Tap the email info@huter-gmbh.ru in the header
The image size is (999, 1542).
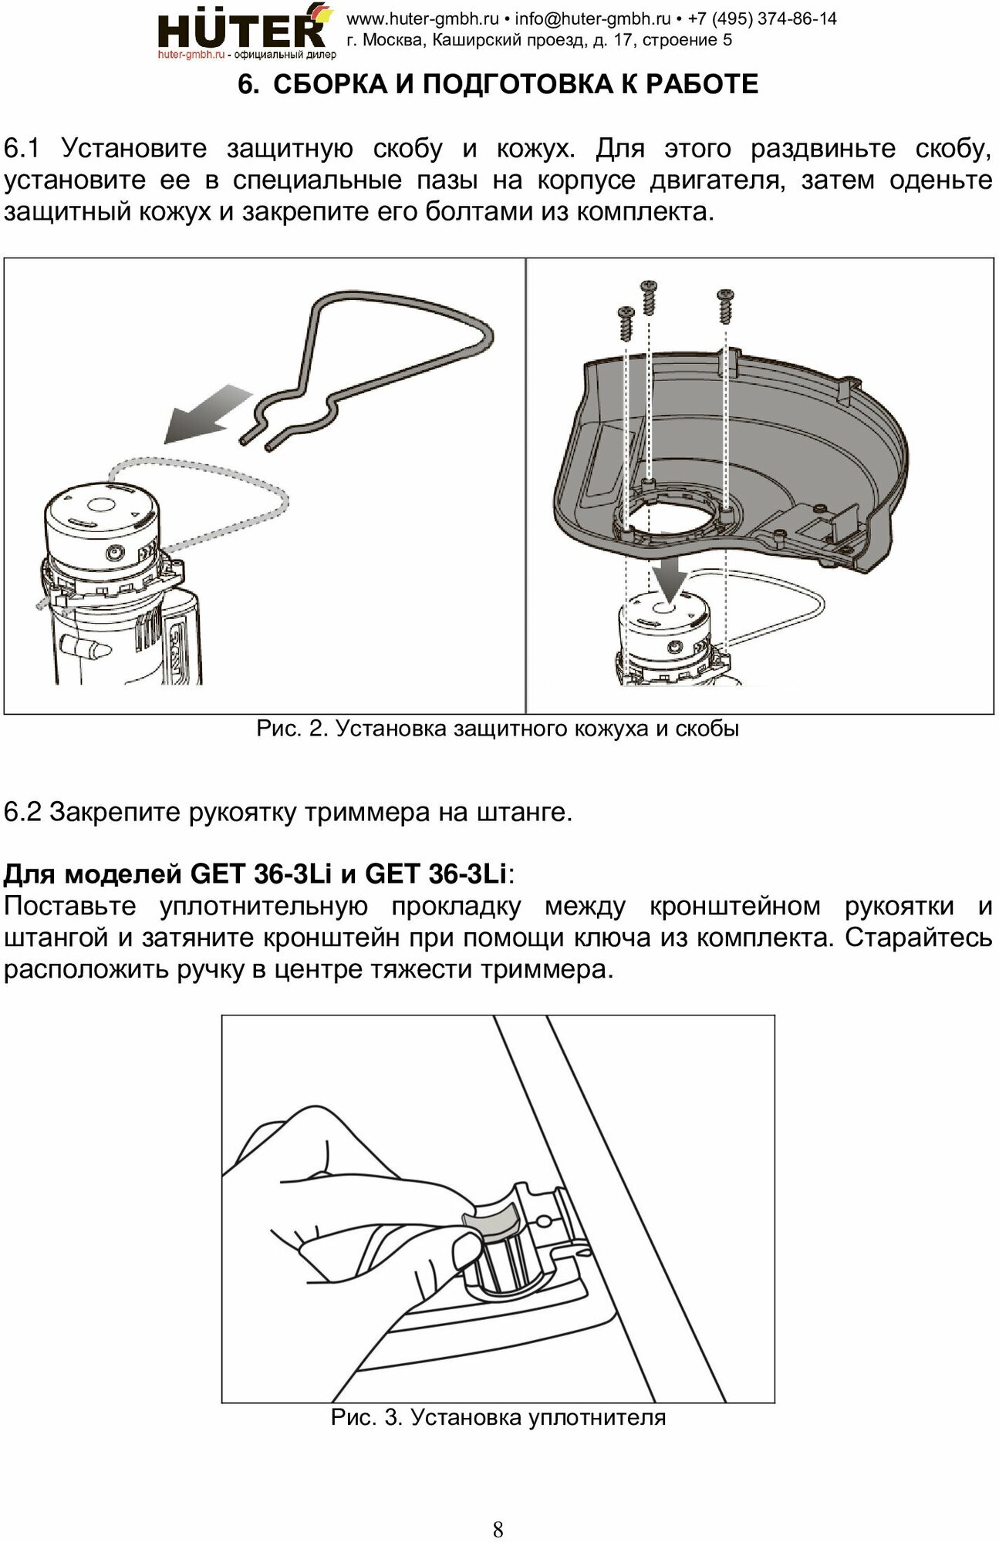pyautogui.click(x=592, y=19)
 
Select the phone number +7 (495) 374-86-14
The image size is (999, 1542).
pyautogui.click(x=762, y=19)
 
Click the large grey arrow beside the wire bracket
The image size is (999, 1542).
pyautogui.click(x=206, y=417)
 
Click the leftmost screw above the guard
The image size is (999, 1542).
pyautogui.click(x=625, y=320)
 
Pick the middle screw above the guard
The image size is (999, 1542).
pyautogui.click(x=649, y=297)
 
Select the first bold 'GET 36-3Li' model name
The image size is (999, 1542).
pyautogui.click(x=261, y=874)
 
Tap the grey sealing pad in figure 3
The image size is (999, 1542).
pyautogui.click(x=490, y=1221)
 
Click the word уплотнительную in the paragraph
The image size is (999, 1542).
pyautogui.click(x=263, y=906)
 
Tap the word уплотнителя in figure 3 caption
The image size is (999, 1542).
pyautogui.click(x=597, y=1417)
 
